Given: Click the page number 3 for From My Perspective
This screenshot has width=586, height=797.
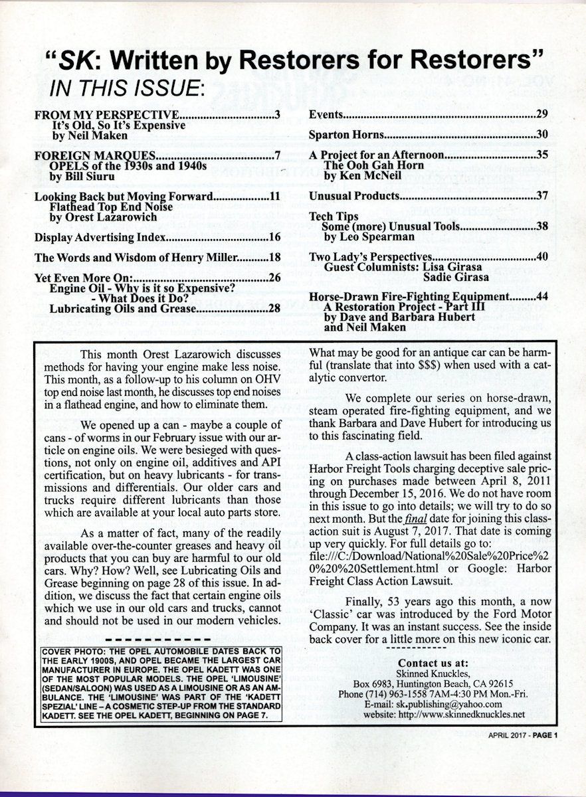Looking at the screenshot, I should (276, 114).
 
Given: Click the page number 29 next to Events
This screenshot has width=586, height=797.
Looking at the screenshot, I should (541, 114).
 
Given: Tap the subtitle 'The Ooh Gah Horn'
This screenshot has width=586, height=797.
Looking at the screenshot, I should (373, 165).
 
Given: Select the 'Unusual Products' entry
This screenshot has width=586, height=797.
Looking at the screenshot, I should (354, 196).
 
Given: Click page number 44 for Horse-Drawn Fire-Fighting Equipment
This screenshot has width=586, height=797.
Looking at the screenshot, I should (541, 296).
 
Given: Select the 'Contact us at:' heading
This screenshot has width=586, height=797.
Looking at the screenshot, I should (433, 663).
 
